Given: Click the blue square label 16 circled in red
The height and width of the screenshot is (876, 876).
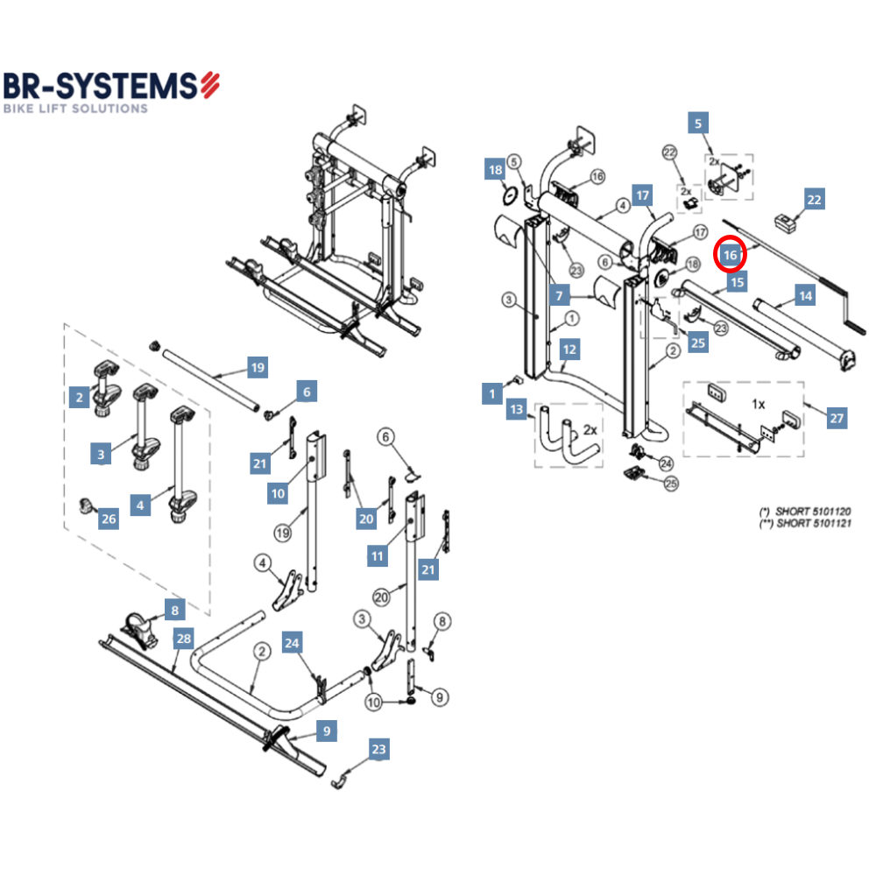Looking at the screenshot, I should (x=731, y=255).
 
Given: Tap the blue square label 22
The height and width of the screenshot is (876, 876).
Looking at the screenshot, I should (x=814, y=200).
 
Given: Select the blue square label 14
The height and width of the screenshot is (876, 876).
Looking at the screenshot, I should (x=804, y=296).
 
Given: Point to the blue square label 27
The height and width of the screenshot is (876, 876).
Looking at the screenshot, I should (x=837, y=418).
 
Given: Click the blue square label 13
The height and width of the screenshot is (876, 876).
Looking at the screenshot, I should (x=517, y=409).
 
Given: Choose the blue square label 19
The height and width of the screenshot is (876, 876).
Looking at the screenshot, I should (x=257, y=367).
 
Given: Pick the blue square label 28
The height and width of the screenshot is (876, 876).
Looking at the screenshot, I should (x=182, y=639).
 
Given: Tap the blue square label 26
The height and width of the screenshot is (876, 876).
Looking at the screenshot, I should (x=108, y=519).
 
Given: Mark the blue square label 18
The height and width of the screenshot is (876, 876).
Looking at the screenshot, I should (x=495, y=170).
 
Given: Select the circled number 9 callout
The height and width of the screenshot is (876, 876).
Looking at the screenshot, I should (x=439, y=697).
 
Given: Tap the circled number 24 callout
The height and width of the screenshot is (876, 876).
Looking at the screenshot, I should (x=666, y=463).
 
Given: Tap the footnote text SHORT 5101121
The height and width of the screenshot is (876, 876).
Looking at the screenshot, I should (x=805, y=523).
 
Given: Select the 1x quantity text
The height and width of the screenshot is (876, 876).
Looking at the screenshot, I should (x=759, y=405).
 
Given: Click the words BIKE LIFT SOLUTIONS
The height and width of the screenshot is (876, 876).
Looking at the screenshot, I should (x=75, y=109).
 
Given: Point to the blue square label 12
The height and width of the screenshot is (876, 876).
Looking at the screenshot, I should (x=569, y=350).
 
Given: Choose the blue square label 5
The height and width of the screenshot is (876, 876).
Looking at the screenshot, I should (x=698, y=124).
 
